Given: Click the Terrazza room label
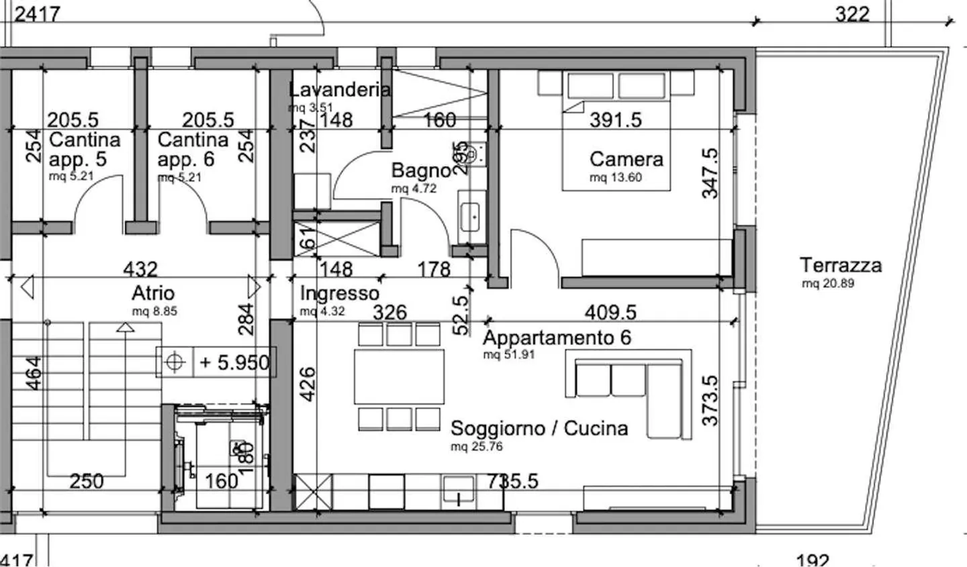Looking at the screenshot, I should tap(840, 265).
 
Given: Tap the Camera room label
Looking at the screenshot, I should tap(626, 159).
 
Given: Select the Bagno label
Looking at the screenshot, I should tap(420, 170).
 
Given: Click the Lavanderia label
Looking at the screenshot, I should tap(339, 89).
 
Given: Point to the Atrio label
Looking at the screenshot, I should tap(153, 293).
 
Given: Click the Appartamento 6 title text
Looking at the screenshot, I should tap(557, 337).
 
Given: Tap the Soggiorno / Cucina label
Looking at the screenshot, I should tap(539, 428).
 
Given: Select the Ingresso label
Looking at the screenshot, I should tap(339, 293).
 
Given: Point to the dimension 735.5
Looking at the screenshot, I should tap(512, 480).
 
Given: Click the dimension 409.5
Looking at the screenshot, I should tap(610, 312).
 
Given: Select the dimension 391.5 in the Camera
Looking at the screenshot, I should tap(615, 119).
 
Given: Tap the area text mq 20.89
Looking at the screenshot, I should tap(827, 284).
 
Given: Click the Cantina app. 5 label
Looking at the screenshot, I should tap(85, 150).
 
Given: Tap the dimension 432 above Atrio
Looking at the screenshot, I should tap(140, 269).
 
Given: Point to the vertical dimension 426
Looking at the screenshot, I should tap(306, 383).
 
